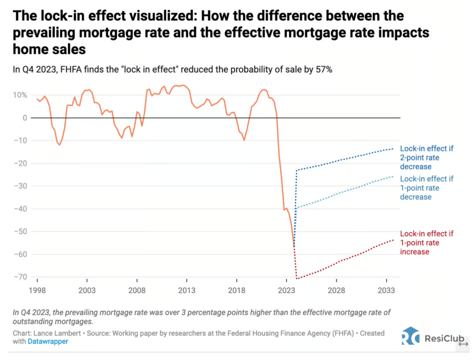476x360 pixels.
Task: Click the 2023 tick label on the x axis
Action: click(286, 290)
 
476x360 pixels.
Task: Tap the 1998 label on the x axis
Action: click(37, 290)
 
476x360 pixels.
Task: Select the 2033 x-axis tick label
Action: click(386, 290)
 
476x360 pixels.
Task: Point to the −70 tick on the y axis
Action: click(21, 277)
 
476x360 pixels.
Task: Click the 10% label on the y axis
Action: click(20, 95)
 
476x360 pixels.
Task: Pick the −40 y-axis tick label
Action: click(21, 209)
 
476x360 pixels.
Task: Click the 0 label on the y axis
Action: click(25, 118)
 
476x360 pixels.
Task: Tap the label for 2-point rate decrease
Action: click(426, 158)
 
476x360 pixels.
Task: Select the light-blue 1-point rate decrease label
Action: click(426, 188)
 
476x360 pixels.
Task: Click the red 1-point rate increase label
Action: click(426, 243)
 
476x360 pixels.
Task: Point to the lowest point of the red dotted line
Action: click(297, 278)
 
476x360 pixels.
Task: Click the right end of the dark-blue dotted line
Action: click(393, 149)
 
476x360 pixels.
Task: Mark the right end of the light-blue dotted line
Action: click(393, 177)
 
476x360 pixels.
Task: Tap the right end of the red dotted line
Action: click(393, 240)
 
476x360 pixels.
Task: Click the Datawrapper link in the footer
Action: click(48, 342)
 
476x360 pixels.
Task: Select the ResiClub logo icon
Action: click(410, 336)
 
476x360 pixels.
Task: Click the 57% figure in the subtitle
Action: click(324, 70)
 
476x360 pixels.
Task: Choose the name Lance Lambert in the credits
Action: click(57, 333)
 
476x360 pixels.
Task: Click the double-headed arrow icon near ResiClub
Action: click(463, 344)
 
